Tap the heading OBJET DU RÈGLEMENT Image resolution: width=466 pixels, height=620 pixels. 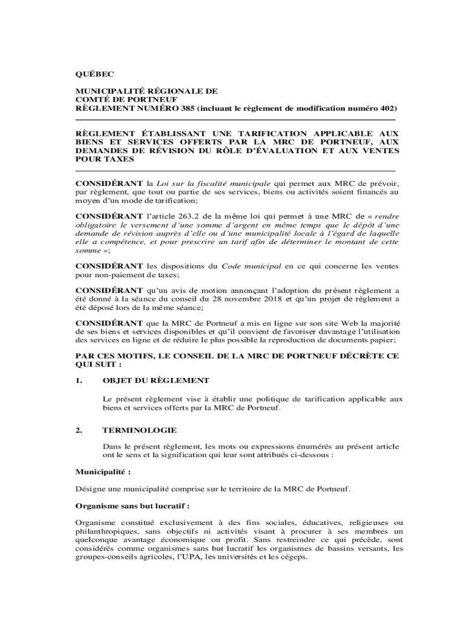[156, 380]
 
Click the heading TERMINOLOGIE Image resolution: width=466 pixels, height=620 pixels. [140, 430]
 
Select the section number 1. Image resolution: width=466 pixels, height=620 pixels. [78, 380]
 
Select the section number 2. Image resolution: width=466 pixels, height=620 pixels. [78, 430]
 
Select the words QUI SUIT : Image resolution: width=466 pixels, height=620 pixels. [99, 365]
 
